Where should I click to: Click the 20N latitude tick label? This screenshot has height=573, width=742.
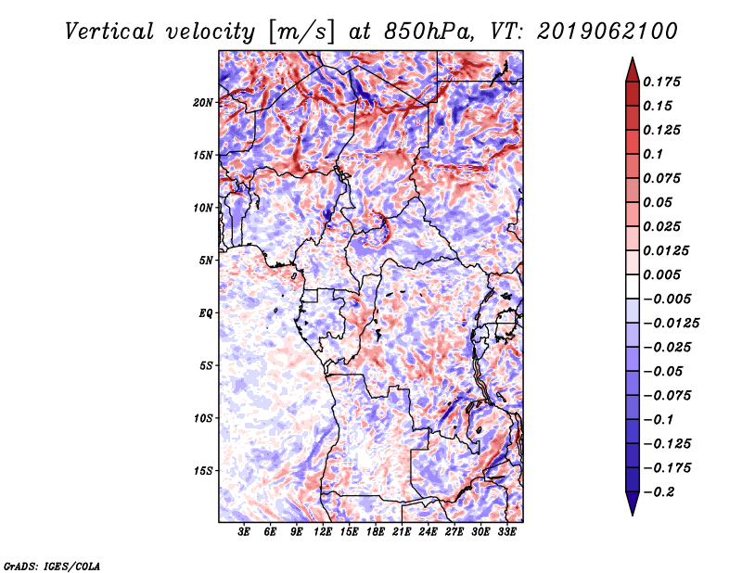coord(203,103)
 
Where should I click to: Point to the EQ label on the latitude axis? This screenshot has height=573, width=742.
coord(206,313)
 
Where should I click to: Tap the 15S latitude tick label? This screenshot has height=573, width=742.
coord(203,471)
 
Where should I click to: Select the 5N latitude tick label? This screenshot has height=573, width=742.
coord(206,261)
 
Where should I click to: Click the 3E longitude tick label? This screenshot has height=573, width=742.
coord(244,532)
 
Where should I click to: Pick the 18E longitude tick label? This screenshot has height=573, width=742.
coord(376,532)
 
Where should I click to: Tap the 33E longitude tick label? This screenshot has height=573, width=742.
coord(506,532)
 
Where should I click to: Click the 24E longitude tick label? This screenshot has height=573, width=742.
coord(428,532)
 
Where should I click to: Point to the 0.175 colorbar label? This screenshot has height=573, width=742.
coord(661,82)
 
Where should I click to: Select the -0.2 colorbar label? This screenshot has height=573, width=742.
coord(659,492)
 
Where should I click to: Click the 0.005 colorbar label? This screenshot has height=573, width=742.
coord(661,274)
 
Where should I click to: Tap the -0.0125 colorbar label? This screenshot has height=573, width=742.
coord(671,324)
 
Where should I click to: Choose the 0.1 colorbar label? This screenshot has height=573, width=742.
coord(653,154)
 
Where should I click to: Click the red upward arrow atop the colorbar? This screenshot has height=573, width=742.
coord(633,70)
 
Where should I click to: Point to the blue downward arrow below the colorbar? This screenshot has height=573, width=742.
coord(633,503)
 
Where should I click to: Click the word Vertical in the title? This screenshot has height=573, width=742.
coord(109,32)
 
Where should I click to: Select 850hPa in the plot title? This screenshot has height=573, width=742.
coord(429,32)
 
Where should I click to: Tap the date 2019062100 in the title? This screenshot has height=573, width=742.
coord(608,32)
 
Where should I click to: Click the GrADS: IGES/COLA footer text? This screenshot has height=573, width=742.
coord(52,566)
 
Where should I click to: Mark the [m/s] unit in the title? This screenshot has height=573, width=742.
coord(301,32)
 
